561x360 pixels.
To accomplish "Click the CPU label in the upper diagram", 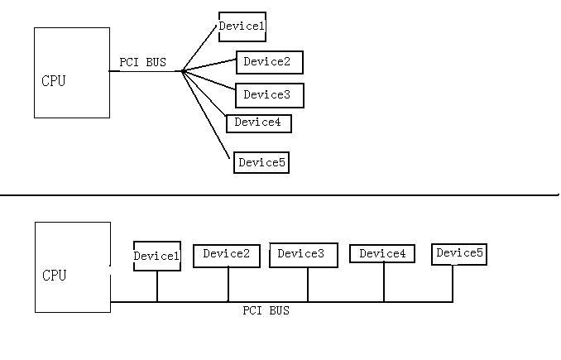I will coord(53,81).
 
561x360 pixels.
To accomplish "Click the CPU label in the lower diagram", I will coord(54,276).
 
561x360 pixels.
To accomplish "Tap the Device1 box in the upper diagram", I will coord(242,26).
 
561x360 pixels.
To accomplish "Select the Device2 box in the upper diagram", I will coord(269,62).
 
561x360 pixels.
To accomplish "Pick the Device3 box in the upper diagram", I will coord(269,95).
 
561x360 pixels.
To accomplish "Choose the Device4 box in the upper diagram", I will coord(258,122).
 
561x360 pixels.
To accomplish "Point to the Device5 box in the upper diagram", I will coord(261,162).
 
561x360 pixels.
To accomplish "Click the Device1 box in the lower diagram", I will coord(156,256).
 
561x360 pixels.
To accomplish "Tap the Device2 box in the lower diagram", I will coord(226,255).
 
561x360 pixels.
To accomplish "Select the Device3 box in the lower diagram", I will coord(303,255).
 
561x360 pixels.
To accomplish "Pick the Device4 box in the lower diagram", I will coord(381,253).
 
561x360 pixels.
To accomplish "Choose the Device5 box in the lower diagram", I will coord(458,253).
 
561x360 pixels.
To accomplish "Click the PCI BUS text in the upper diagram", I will coord(142,62).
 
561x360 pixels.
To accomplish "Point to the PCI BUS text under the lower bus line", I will coord(266,311).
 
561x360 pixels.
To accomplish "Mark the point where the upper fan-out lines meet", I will coord(182,71).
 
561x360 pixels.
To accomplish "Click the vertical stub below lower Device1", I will coord(157,286).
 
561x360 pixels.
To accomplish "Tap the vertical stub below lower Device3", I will coord(308,285).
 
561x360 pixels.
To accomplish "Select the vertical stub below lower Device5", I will coord(453,283).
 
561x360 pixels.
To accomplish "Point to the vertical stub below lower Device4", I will coord(384,282).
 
